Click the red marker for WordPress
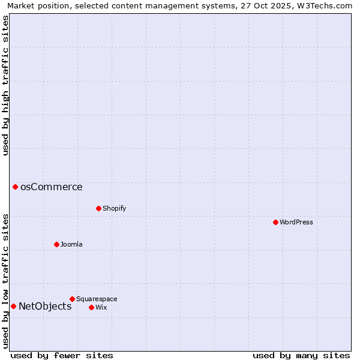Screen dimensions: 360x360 click(x=275, y=222)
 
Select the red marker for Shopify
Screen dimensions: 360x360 click(x=98, y=208)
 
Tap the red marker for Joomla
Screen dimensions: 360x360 click(x=56, y=244)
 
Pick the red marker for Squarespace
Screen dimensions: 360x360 click(x=72, y=299)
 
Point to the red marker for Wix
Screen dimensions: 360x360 click(x=91, y=307)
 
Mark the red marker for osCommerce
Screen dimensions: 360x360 click(x=15, y=187)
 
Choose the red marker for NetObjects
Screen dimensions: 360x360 click(x=13, y=306)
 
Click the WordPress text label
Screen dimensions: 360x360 click(x=296, y=222)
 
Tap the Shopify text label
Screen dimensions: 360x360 click(x=115, y=208)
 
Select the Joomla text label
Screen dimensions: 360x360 click(x=71, y=244)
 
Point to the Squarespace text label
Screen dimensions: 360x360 click(x=97, y=299)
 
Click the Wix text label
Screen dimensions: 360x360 click(x=101, y=307)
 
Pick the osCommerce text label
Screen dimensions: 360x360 click(x=52, y=187)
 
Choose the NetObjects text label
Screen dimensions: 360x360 click(x=45, y=306)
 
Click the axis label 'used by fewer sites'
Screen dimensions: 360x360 click(x=62, y=355)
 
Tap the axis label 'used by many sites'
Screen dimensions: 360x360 click(x=301, y=355)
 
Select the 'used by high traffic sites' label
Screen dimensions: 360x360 click(x=6, y=85)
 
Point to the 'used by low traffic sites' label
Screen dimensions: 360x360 click(x=6, y=280)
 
